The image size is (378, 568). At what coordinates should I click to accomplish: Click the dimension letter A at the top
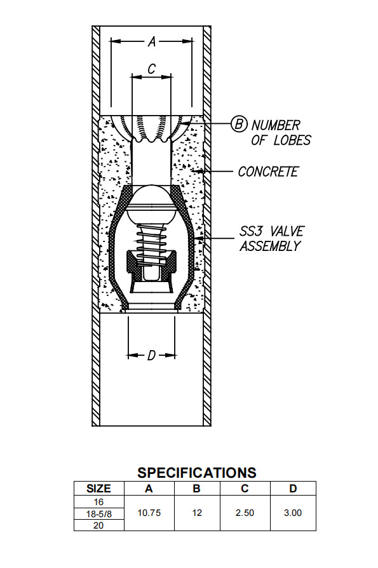[152, 42]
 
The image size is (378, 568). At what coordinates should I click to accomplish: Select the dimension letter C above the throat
[151, 68]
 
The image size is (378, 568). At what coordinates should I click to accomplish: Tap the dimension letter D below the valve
[151, 356]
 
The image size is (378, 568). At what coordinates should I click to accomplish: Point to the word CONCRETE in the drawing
[268, 172]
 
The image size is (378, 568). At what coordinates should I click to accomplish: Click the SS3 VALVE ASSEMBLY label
[270, 239]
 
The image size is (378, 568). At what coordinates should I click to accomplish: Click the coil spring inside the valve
[151, 245]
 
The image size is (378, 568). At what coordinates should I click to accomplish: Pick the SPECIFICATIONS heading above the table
[197, 473]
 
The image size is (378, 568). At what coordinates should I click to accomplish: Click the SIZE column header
[98, 489]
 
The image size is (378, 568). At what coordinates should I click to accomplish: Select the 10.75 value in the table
[149, 513]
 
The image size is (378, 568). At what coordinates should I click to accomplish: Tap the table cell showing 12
[197, 513]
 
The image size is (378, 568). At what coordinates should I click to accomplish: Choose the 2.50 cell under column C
[245, 513]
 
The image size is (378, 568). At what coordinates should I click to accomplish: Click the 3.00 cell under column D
[292, 513]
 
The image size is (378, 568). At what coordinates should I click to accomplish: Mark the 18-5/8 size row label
[98, 513]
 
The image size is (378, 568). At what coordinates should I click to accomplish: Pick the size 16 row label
[98, 501]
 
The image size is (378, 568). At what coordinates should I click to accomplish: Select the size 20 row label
[98, 524]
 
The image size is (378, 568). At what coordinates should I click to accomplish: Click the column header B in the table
[197, 489]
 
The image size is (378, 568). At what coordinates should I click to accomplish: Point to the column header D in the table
[292, 489]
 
